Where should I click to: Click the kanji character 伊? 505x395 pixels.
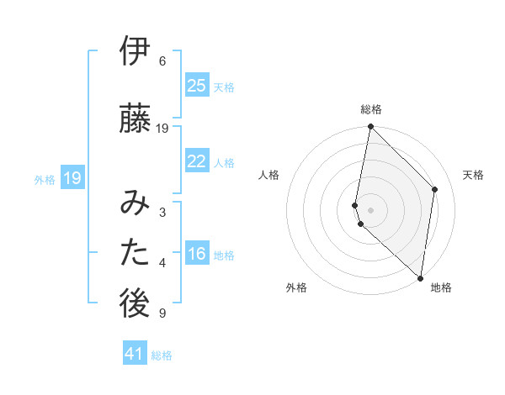[x=136, y=52]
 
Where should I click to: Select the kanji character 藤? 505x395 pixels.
[x=136, y=118]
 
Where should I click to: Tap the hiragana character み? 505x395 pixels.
[x=136, y=203]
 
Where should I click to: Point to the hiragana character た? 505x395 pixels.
[x=136, y=255]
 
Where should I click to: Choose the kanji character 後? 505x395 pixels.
[x=136, y=305]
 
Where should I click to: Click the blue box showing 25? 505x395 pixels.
[x=197, y=86]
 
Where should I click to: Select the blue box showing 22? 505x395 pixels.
[x=197, y=161]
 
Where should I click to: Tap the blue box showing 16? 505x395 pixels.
[x=197, y=255]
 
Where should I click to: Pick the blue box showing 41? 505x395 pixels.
[x=135, y=354]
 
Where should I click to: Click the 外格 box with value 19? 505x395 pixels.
[x=72, y=177]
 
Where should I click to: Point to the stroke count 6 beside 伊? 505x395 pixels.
[x=162, y=61]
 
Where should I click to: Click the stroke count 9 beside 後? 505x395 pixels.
[x=162, y=313]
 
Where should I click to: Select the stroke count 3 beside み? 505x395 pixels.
[x=162, y=212]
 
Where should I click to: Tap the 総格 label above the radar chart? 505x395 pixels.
[x=371, y=109]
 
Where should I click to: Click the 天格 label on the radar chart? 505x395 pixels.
[x=473, y=175]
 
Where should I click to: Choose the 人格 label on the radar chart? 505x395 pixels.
[x=269, y=175]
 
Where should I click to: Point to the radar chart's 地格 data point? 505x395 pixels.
[x=421, y=278]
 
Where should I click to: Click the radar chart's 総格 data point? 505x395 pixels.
[x=370, y=127]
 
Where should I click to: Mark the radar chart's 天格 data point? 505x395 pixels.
[x=435, y=189]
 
